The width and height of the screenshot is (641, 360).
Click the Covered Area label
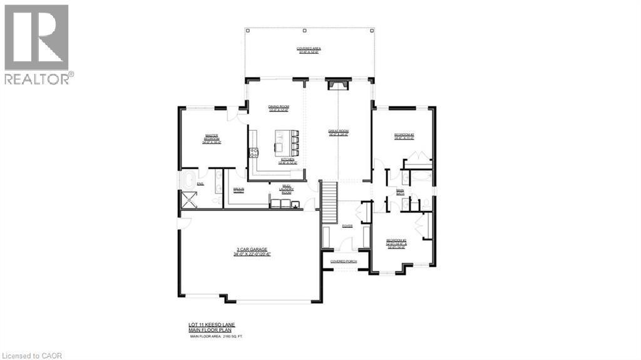[308, 50]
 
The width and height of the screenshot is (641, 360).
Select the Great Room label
[338, 132]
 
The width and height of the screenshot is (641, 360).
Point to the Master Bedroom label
[212, 138]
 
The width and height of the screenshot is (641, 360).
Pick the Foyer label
[347, 226]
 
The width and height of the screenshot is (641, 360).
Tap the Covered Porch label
[343, 261]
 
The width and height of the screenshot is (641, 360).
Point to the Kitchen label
[287, 161]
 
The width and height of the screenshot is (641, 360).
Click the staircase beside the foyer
[329, 200]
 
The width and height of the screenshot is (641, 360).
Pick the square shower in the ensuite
[188, 199]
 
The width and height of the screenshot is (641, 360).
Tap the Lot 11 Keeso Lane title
[212, 326]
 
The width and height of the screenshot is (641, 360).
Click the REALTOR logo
[37, 43]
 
